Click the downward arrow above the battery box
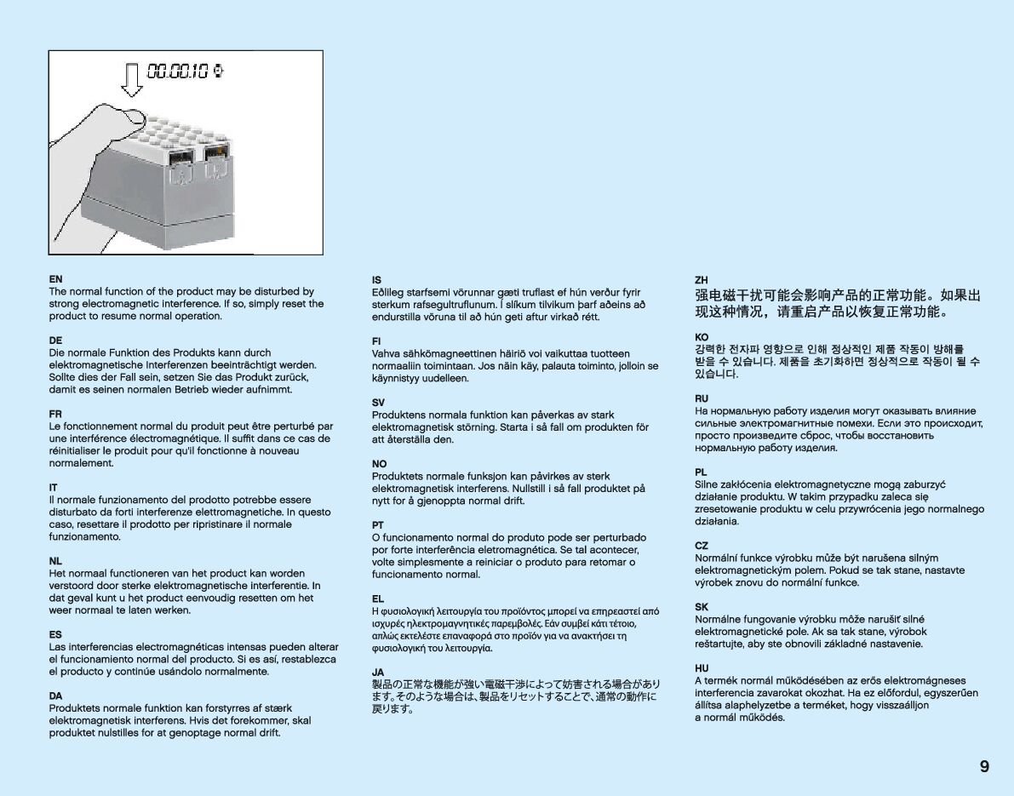point(130,79)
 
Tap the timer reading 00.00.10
point(178,72)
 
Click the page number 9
point(984,766)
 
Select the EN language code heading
point(55,279)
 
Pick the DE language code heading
point(55,341)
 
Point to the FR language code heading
point(55,414)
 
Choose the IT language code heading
point(54,488)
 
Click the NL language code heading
point(55,561)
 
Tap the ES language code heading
point(55,635)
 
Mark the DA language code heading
point(55,696)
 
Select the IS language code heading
point(376,280)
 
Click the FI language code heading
point(376,341)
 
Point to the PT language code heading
point(378,525)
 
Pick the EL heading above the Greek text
point(378,598)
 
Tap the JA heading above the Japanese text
point(378,672)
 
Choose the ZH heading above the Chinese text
point(702,280)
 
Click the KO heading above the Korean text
point(702,337)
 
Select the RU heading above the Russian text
point(702,398)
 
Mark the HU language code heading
point(702,668)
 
